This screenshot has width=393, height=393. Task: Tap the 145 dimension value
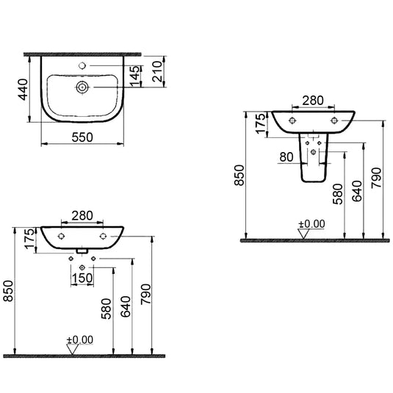pos(133,75)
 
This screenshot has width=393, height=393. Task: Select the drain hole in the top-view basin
pos(82,87)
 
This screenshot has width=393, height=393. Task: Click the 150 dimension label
pos(82,278)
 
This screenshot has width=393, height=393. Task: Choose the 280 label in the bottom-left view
pos(82,216)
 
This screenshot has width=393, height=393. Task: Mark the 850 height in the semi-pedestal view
pos(239,174)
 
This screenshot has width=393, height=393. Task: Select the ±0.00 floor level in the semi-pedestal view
pos(311,223)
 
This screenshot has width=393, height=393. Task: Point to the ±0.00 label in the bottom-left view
pos(80,339)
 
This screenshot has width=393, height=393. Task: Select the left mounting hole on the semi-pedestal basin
pos(293,120)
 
